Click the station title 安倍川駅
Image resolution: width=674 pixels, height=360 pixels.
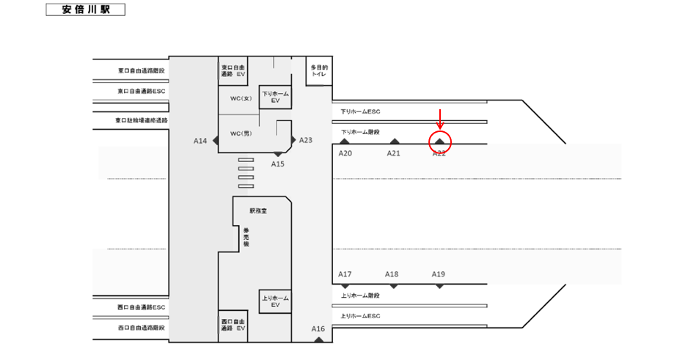click(85, 10)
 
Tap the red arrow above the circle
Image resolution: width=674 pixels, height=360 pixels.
click(439, 118)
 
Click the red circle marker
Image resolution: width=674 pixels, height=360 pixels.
click(439, 142)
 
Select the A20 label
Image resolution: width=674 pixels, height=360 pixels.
click(345, 153)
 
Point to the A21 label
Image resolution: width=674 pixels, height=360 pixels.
click(394, 153)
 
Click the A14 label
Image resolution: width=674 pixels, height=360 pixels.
click(200, 141)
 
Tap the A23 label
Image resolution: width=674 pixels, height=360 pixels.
click(307, 140)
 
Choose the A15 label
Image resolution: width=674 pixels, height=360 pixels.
click(277, 164)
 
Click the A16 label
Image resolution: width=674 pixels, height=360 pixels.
click(318, 329)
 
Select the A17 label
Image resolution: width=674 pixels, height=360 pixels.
click(345, 274)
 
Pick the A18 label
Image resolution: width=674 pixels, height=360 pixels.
click(392, 274)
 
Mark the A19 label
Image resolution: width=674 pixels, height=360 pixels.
click(439, 274)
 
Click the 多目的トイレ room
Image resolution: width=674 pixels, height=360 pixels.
click(318, 71)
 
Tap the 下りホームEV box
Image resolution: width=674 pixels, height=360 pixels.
click(276, 97)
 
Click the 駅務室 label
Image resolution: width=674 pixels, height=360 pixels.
click(259, 210)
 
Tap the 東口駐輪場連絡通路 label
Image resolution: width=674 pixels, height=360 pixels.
click(142, 120)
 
